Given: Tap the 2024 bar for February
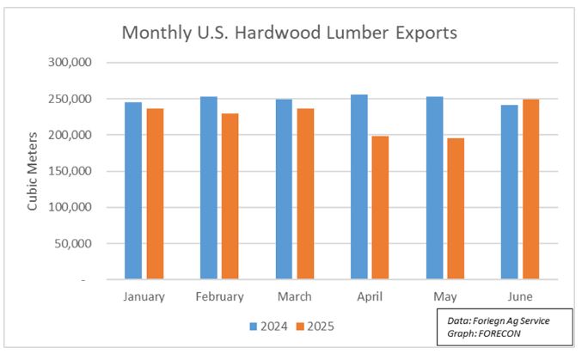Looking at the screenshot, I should click(x=209, y=188).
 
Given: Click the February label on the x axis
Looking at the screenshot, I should click(x=219, y=296).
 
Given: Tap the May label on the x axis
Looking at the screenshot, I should click(x=445, y=296).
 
